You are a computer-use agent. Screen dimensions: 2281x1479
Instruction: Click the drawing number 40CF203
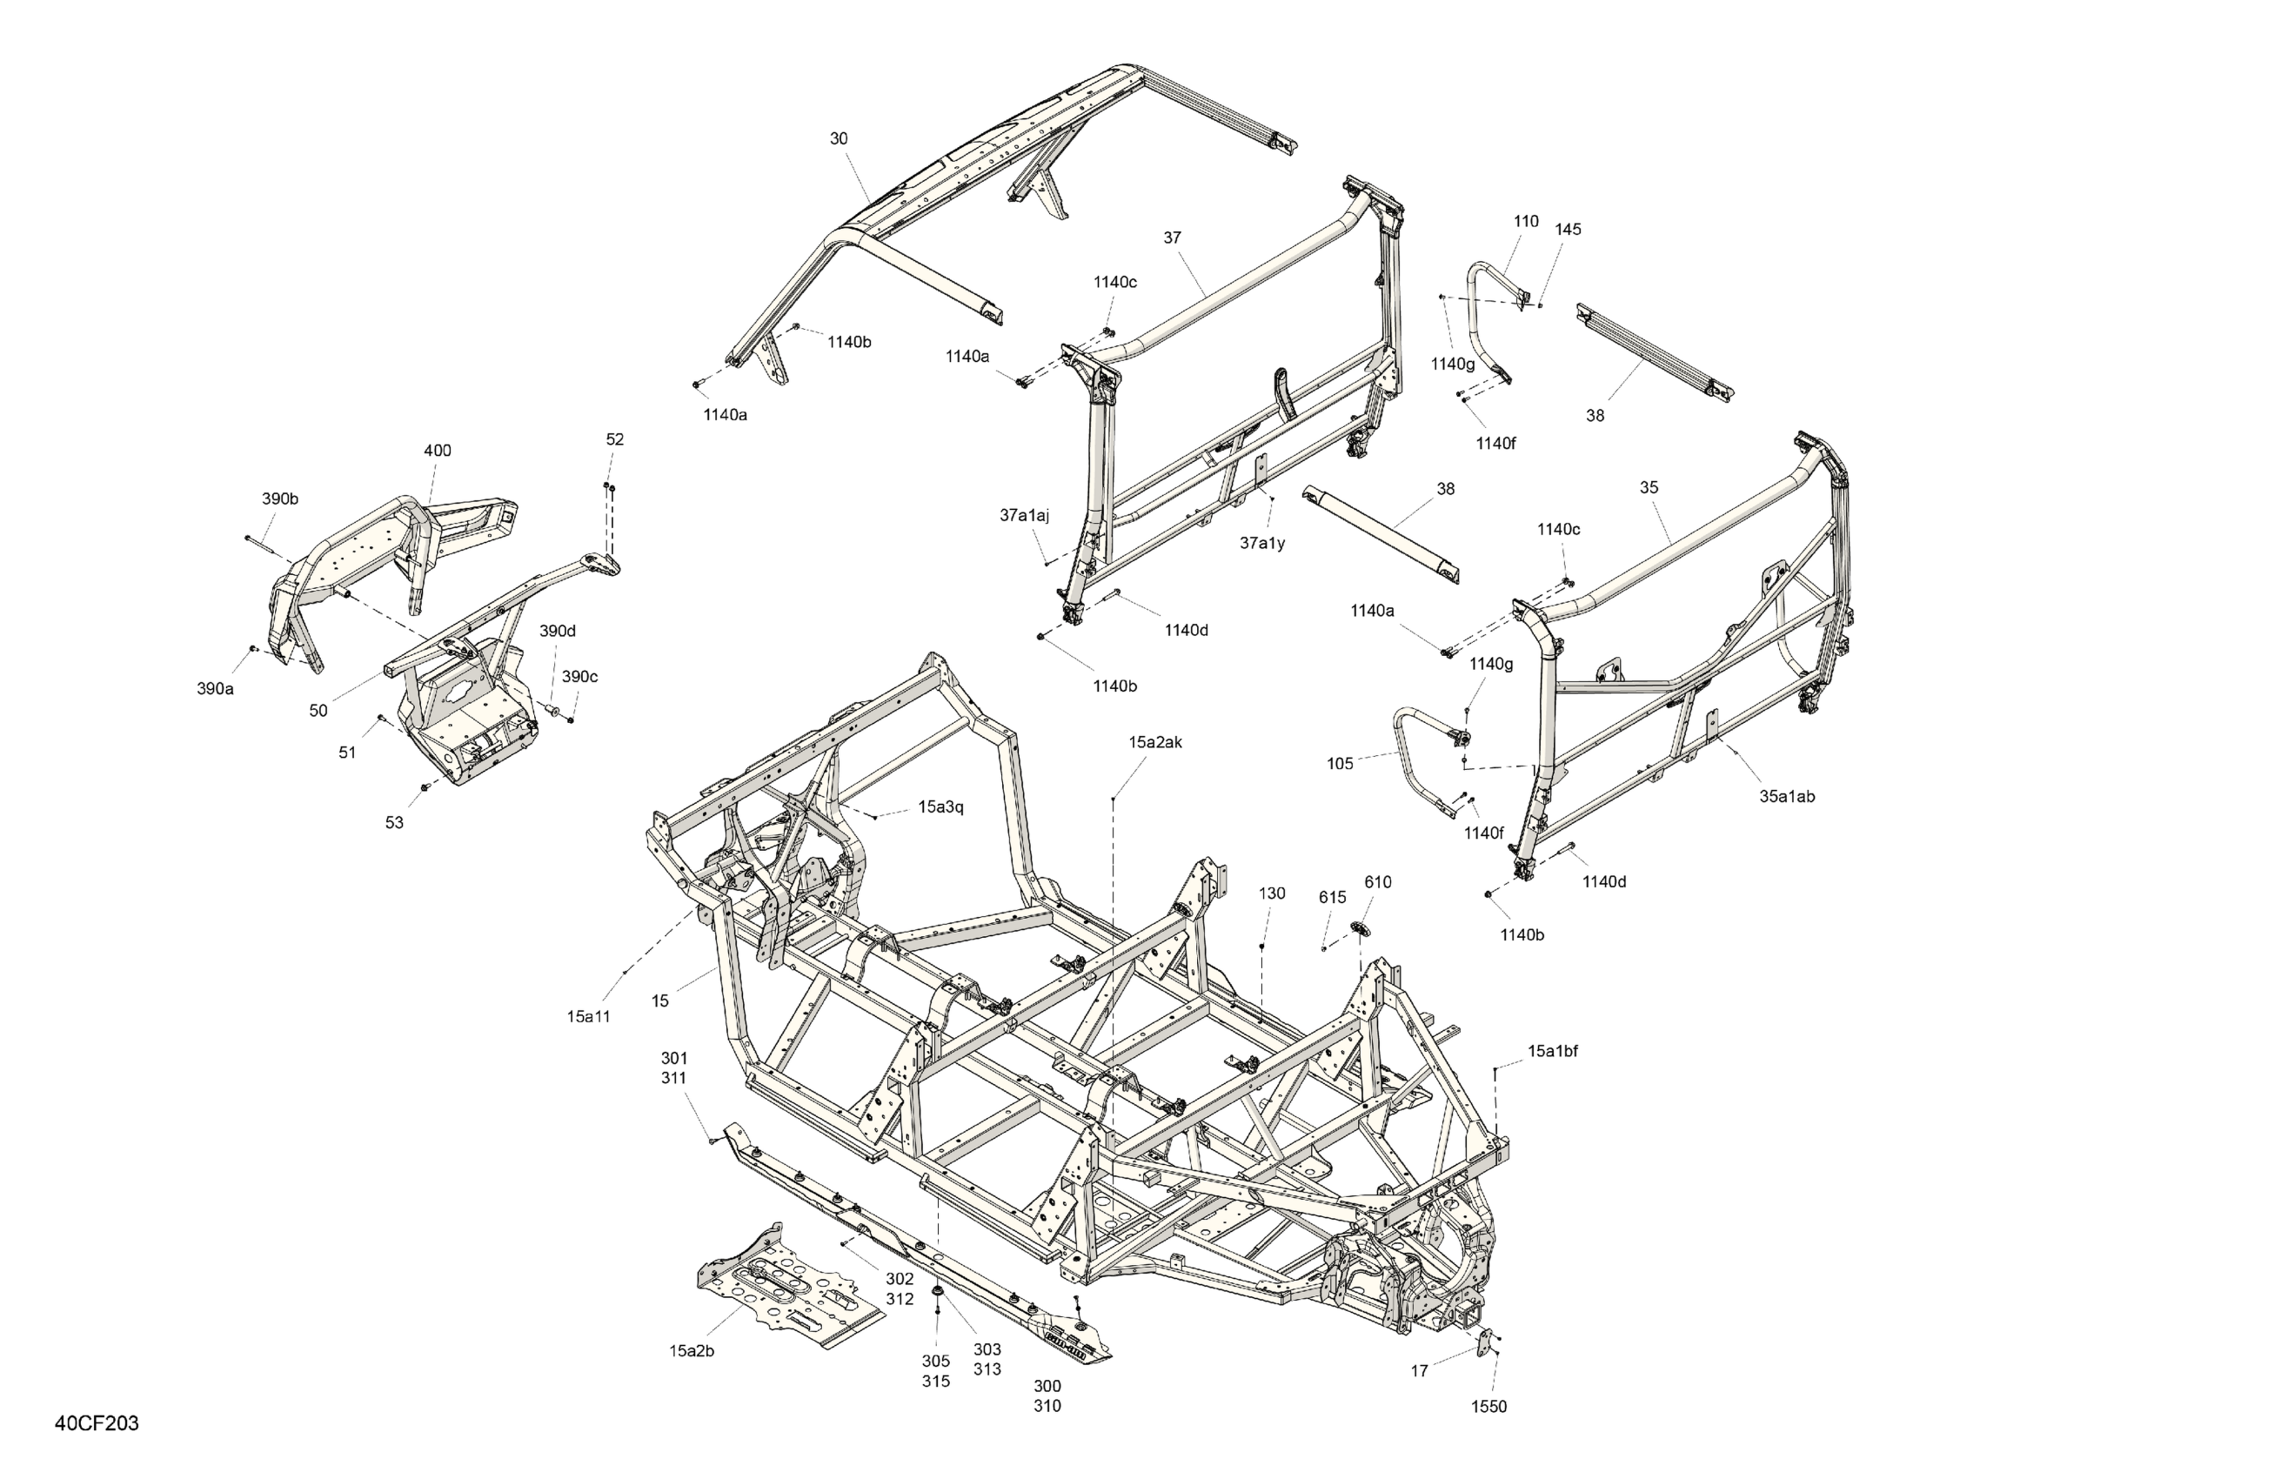coord(97,1423)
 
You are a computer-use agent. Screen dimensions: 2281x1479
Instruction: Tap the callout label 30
coord(839,139)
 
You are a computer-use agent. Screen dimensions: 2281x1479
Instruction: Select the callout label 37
coord(1172,238)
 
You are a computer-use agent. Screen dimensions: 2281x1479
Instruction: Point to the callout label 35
coord(1649,488)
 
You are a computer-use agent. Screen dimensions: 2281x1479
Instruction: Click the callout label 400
coord(437,451)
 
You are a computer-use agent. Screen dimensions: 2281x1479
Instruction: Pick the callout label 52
coord(614,440)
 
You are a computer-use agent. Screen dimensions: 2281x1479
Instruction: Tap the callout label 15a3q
coord(940,807)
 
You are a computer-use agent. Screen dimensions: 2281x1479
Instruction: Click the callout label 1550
coord(1488,1407)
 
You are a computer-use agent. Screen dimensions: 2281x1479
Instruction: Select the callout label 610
coord(1377,883)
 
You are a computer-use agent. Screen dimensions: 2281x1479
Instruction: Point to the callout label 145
coord(1568,230)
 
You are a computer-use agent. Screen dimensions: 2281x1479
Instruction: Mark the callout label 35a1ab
coord(1787,797)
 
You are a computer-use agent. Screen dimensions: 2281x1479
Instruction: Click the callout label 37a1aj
coord(1025,516)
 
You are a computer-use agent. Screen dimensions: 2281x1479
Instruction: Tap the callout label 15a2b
coord(691,1351)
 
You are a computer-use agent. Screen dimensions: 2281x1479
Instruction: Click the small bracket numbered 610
coord(1361,927)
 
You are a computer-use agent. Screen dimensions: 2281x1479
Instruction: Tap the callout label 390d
coord(557,632)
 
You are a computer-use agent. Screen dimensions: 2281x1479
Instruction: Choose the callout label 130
coord(1271,893)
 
